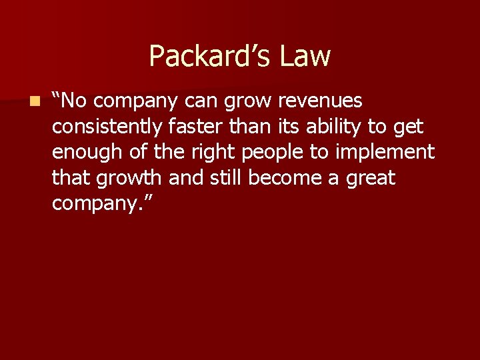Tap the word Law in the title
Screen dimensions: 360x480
(305, 56)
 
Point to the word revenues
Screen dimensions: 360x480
(320, 101)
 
